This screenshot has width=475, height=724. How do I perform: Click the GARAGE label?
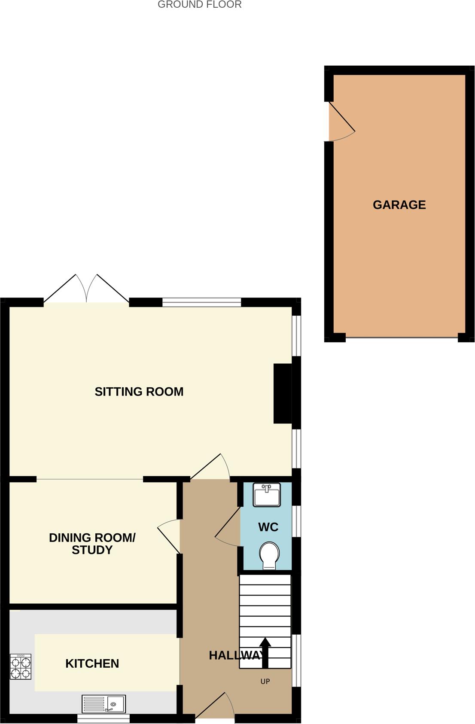pyautogui.click(x=399, y=205)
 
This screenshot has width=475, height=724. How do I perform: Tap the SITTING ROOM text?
pyautogui.click(x=139, y=392)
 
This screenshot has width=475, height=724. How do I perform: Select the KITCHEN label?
pyautogui.click(x=92, y=663)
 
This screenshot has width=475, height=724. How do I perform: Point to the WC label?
pyautogui.click(x=268, y=527)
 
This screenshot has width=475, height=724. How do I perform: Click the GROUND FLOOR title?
pyautogui.click(x=199, y=5)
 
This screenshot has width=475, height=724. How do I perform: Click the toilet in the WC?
pyautogui.click(x=269, y=555)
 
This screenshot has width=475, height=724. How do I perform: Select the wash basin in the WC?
pyautogui.click(x=266, y=495)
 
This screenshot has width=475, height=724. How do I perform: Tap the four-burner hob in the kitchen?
pyautogui.click(x=21, y=667)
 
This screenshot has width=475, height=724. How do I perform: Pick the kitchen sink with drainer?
pyautogui.click(x=104, y=704)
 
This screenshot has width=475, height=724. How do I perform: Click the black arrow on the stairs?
pyautogui.click(x=265, y=652)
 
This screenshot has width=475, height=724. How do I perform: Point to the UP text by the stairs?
pyautogui.click(x=265, y=681)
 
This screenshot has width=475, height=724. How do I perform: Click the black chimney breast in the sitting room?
pyautogui.click(x=283, y=393)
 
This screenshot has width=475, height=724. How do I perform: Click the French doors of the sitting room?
pyautogui.click(x=86, y=289)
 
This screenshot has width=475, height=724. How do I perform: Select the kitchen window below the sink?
pyautogui.click(x=104, y=718)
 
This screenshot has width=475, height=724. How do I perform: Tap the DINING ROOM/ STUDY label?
pyautogui.click(x=92, y=544)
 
